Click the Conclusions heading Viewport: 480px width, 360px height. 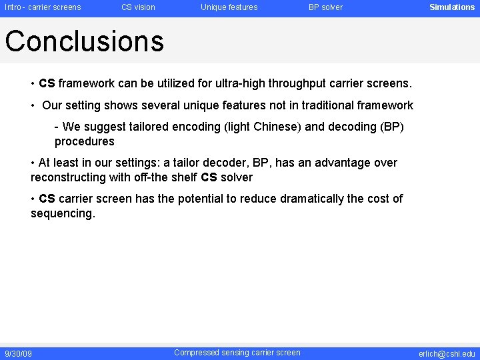point(84,41)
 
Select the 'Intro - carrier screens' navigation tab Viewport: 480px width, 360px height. point(43,7)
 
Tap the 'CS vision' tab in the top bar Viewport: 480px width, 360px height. point(138,7)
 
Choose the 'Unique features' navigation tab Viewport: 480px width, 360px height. point(229,7)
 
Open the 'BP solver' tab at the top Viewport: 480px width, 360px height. point(325,7)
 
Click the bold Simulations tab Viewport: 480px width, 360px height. point(451,7)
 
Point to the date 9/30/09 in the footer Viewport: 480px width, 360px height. point(18,353)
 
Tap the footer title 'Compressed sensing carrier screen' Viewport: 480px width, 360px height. point(237,353)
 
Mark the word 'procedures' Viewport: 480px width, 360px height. point(84,141)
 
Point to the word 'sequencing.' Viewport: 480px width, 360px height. point(63,213)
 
